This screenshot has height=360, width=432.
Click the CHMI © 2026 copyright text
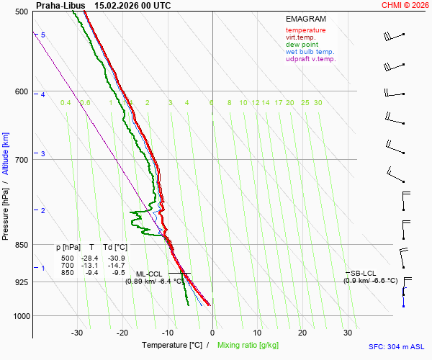coord(407,5)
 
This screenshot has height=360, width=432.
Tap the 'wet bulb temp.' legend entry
coord(310,52)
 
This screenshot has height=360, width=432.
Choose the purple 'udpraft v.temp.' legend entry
coord(310,59)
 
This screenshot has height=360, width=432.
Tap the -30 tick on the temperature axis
coord(77,333)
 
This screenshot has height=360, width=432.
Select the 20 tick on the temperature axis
coord(302,333)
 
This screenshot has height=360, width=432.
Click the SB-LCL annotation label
coord(364,273)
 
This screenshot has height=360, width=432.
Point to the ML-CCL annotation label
coord(150,274)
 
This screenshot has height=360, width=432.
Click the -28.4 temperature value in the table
coord(89,258)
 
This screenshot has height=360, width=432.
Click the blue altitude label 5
coord(43,35)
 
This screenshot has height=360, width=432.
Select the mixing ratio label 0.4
coord(66,103)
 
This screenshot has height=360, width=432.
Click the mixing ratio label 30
coord(318,103)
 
